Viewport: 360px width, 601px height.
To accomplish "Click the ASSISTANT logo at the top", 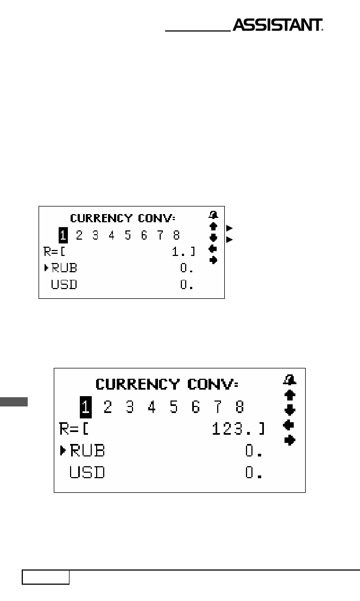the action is pos(278,25).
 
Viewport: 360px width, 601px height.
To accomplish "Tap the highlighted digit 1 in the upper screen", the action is pos(63,235).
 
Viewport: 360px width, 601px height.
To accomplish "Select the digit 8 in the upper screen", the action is pos(176,235).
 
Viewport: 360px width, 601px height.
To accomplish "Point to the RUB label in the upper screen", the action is pos(64,268).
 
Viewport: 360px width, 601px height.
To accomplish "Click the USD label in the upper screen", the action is pos(64,284).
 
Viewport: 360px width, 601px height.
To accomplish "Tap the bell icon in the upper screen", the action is pos(213,215).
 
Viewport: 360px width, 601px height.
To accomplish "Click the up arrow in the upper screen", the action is pos(213,226).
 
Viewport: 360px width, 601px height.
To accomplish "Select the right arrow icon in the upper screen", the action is pos(213,260).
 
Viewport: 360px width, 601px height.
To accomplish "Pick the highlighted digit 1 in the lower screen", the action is pos(86,406).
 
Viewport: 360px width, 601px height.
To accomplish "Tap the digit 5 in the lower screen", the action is pos(174,406).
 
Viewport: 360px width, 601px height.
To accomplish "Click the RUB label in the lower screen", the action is pos(87,450).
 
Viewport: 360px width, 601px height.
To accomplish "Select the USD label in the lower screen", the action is pos(87,472).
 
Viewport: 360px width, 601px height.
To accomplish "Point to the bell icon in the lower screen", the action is pos(289,380).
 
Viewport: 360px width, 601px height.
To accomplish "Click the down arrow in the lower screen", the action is pos(290,410).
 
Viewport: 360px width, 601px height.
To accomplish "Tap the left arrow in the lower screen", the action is pos(288,425).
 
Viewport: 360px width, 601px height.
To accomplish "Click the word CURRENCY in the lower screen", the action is pos(137,384).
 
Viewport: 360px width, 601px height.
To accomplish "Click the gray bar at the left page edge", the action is pos(14,402).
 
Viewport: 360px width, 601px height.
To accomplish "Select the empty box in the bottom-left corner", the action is pos(46,577).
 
